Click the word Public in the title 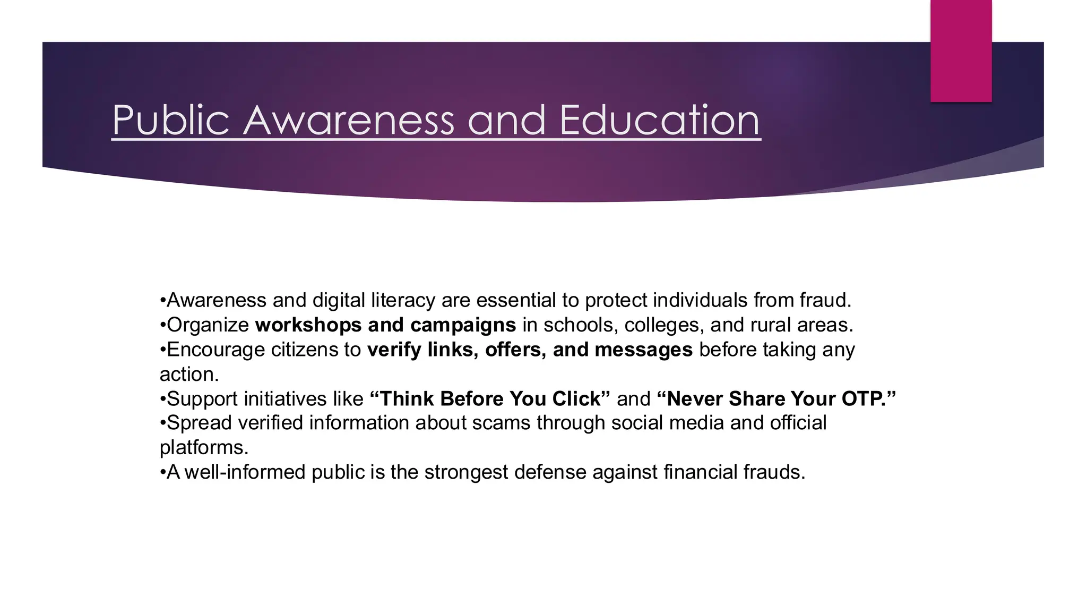click(170, 121)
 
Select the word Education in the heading click(659, 121)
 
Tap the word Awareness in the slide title click(349, 121)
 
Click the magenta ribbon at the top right click(961, 50)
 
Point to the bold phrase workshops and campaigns click(385, 325)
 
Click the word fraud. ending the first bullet click(825, 300)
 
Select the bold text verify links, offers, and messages click(530, 350)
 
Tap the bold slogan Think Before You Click click(490, 398)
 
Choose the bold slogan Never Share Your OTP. click(776, 398)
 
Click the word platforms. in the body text click(204, 447)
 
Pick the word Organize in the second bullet click(208, 325)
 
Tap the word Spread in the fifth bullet click(199, 423)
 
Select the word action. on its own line click(189, 374)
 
